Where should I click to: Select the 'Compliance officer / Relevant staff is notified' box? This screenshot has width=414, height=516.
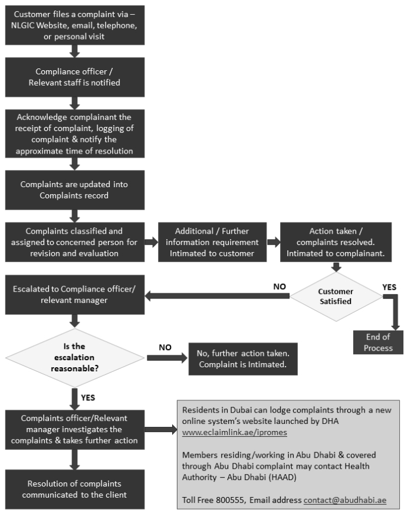pos(75,77)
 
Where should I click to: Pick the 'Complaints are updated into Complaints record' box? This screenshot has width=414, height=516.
pos(75,190)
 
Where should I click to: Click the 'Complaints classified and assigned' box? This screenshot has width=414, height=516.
pos(75,242)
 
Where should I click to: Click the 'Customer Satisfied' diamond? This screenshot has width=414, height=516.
pos(336,296)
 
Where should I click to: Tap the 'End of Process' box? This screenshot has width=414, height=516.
pos(377,342)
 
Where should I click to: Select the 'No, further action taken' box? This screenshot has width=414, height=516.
pos(242,358)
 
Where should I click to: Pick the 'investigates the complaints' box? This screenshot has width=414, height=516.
pos(75,429)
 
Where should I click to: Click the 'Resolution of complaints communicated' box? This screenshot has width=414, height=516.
pos(75,489)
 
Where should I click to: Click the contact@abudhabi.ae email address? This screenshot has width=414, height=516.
pos(344,500)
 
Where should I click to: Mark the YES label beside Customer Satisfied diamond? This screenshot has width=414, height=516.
pos(389,288)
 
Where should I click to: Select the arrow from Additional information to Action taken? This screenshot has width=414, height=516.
pos(273,242)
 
